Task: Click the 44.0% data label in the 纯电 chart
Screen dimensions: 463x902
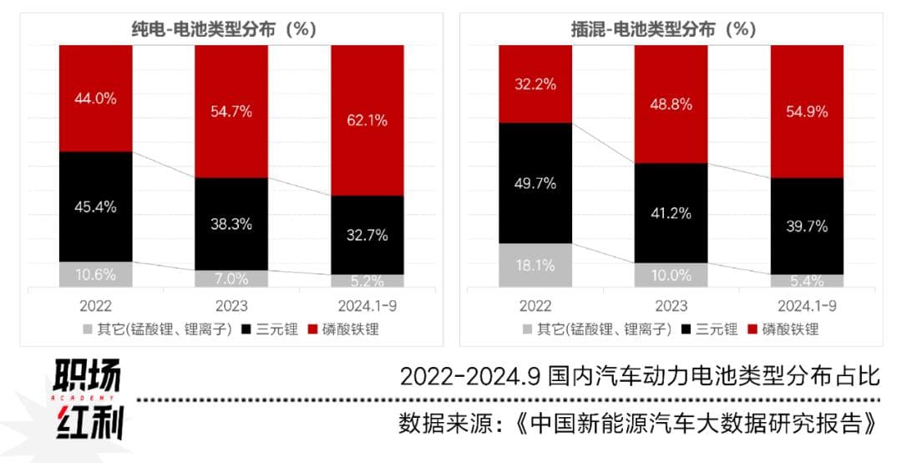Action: (96, 98)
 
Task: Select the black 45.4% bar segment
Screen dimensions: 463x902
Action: (96, 206)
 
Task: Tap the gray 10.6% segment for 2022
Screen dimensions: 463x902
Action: (96, 274)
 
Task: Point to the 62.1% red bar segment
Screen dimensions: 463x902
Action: (367, 120)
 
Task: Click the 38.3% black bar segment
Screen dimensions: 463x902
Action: (231, 223)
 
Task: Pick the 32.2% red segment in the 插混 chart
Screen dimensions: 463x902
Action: (535, 84)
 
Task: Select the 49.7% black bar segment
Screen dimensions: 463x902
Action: (535, 183)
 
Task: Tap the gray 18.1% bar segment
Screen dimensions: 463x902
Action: (535, 265)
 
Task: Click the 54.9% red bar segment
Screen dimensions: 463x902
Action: (807, 111)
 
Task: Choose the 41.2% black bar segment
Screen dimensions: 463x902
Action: (671, 213)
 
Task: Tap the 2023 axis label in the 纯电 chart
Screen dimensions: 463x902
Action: (231, 306)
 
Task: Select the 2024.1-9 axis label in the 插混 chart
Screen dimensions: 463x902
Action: (807, 306)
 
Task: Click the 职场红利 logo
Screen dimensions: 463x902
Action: (89, 400)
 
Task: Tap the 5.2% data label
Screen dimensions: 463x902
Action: (367, 281)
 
